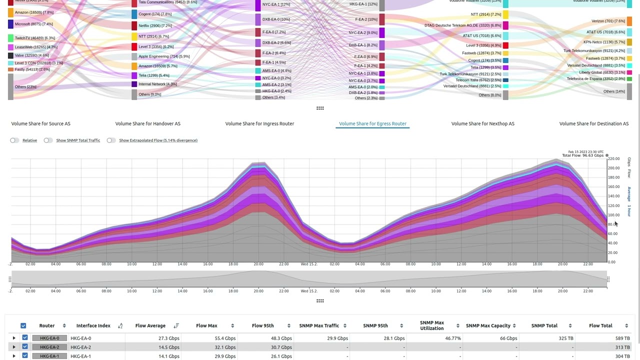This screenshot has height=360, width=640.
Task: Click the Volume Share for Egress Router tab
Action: tap(372, 123)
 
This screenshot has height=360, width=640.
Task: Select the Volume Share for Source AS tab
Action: tap(41, 123)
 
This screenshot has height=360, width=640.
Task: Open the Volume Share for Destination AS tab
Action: tap(593, 123)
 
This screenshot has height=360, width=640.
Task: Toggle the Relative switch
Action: tap(14, 140)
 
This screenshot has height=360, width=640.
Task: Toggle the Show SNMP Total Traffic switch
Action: tap(48, 140)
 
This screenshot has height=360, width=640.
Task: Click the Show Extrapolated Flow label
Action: tap(158, 140)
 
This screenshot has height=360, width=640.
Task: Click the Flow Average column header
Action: tap(150, 325)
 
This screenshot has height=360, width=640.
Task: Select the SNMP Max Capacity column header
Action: tap(488, 325)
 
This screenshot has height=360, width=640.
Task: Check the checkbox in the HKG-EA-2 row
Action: tap(25, 347)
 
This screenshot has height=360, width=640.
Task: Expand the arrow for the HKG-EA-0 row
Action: tap(14, 338)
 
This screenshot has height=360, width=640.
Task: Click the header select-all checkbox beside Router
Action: tap(23, 325)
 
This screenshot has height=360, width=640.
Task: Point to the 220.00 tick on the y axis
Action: tap(614, 159)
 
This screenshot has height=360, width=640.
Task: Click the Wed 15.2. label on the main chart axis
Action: tap(309, 264)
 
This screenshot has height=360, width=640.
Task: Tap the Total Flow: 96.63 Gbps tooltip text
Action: tap(582, 155)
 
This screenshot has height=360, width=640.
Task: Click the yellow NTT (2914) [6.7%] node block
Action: tap(134, 36)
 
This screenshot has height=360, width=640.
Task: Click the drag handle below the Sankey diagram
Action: tap(320, 108)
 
